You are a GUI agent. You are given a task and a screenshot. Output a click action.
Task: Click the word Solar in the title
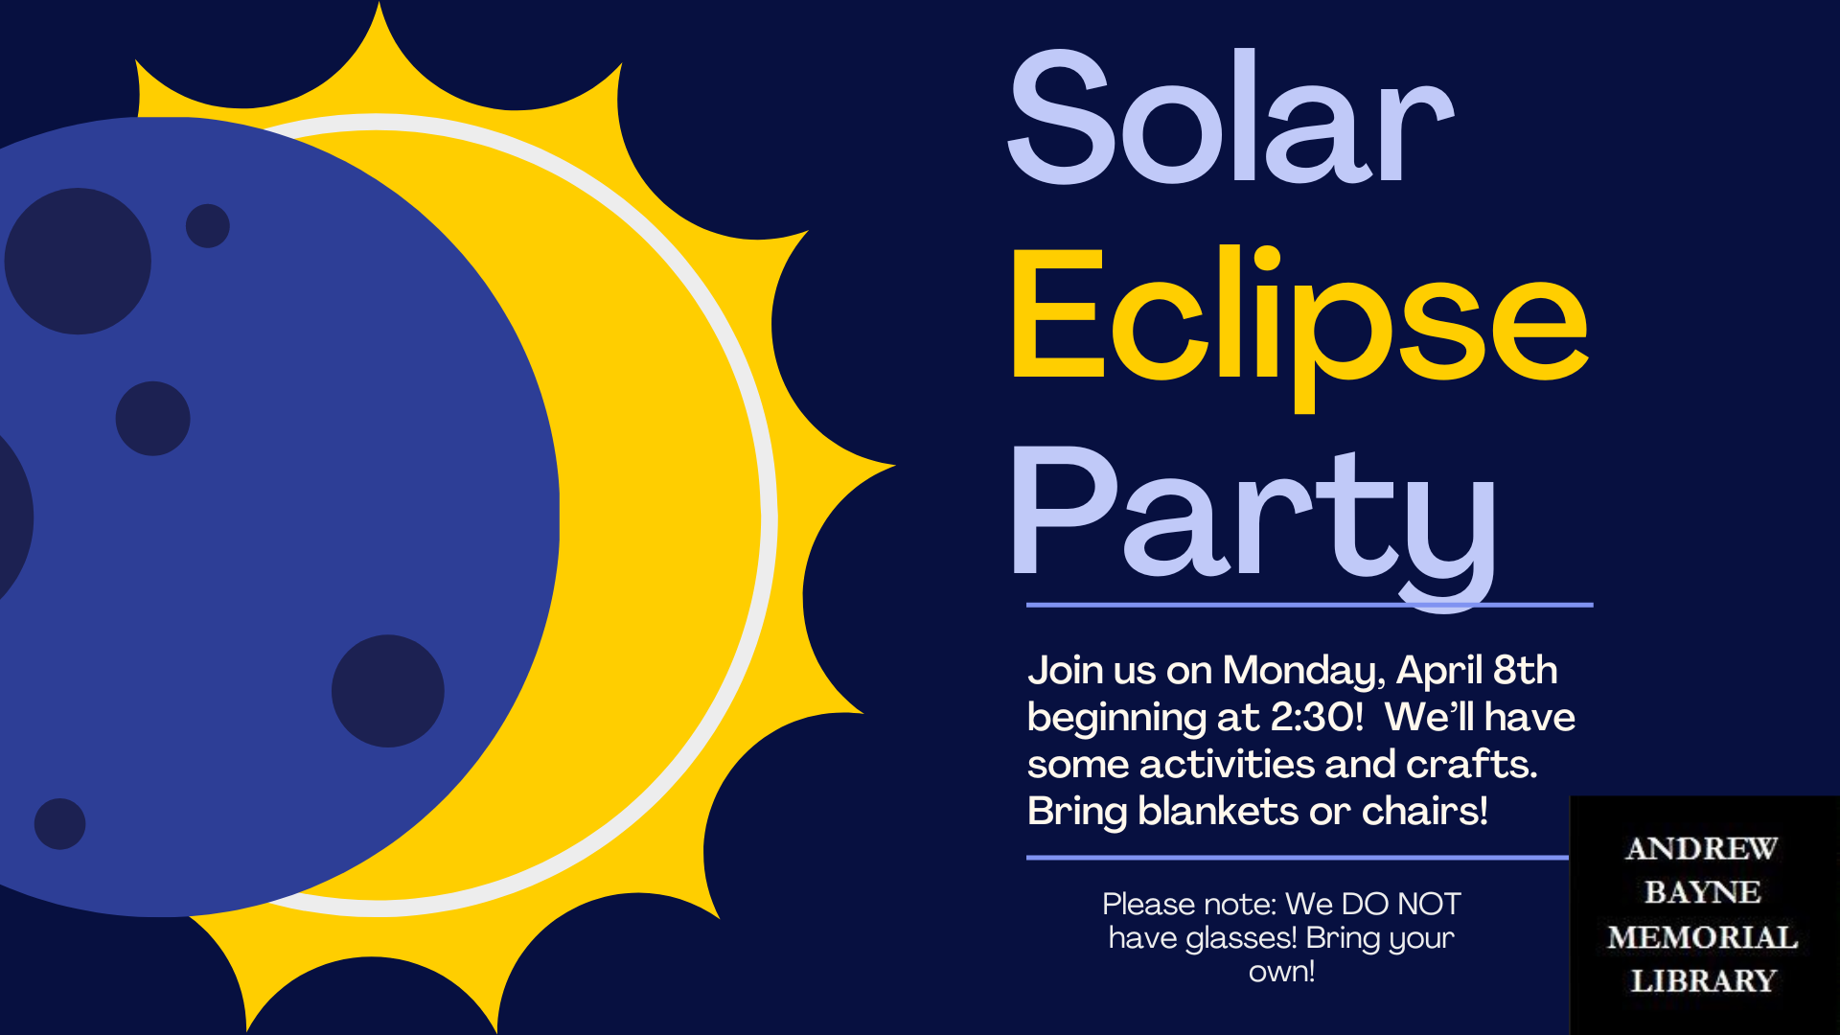pos(1231,117)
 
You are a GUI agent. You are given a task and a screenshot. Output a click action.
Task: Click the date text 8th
pos(1526,670)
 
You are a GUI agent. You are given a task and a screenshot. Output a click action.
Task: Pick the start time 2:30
pos(1317,717)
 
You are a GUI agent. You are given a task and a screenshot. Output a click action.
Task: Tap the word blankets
pos(1218,811)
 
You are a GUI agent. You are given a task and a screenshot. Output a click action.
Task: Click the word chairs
pos(1425,811)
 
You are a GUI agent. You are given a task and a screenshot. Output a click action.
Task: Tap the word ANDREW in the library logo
pos(1702,848)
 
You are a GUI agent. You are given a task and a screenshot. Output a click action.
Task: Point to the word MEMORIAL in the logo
pos(1703,937)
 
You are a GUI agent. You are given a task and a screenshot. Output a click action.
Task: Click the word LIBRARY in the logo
pos(1704,981)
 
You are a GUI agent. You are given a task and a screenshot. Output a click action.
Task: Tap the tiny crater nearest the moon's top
pos(208,226)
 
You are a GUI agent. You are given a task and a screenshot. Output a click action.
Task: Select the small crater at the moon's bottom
pos(59,824)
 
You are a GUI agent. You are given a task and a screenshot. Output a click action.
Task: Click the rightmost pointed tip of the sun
pos(894,467)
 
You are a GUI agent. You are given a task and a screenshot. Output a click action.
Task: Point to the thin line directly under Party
pos(1310,605)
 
